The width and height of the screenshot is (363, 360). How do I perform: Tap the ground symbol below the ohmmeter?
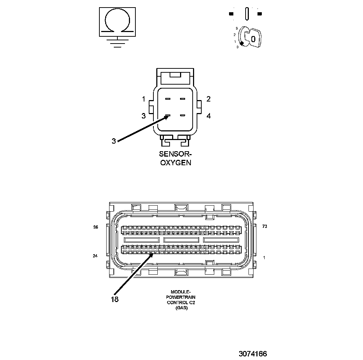pyautogui.click(x=117, y=43)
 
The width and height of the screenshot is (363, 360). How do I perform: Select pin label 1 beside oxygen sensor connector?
pyautogui.click(x=144, y=99)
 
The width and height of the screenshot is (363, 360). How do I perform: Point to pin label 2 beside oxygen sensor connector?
pyautogui.click(x=209, y=99)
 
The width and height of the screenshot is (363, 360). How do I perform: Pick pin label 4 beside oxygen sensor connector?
pyautogui.click(x=209, y=116)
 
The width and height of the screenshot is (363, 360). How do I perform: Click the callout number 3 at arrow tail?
pyautogui.click(x=114, y=141)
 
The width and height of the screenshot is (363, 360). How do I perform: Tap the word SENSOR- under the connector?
pyautogui.click(x=175, y=154)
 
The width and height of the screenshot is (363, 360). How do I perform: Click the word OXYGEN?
pyautogui.click(x=175, y=162)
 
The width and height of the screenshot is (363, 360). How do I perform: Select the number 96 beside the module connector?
pyautogui.click(x=96, y=227)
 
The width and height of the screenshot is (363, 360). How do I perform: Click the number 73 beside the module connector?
pyautogui.click(x=265, y=226)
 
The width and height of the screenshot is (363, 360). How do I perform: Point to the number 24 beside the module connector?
pyautogui.click(x=95, y=256)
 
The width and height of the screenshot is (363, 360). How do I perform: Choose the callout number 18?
pyautogui.click(x=115, y=299)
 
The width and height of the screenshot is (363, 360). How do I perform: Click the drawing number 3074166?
pyautogui.click(x=252, y=354)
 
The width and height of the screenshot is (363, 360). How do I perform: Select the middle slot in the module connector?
pyautogui.click(x=181, y=239)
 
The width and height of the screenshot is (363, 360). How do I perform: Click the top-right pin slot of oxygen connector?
pyautogui.click(x=183, y=99)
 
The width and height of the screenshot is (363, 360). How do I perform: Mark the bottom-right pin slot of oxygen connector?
pyautogui.click(x=183, y=116)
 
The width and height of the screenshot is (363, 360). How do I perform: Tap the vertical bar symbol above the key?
pyautogui.click(x=247, y=14)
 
